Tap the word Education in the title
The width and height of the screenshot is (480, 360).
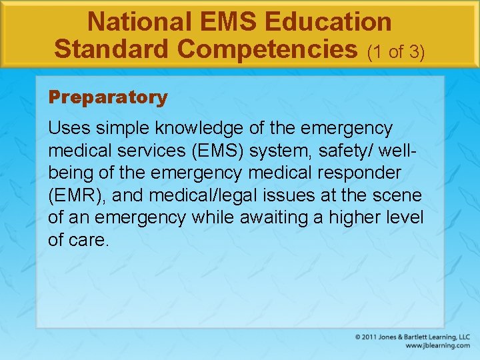point(328,22)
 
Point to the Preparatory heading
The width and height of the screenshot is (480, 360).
point(108,97)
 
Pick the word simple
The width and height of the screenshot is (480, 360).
point(123,127)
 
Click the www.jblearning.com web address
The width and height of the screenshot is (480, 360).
point(437,346)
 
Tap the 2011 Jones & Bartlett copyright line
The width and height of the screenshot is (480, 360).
point(412,337)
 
